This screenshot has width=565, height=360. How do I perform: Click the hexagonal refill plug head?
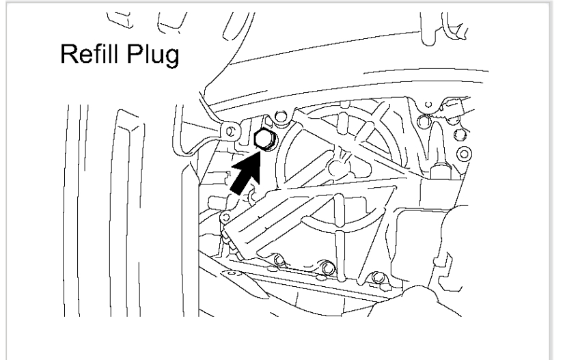coord(263,139)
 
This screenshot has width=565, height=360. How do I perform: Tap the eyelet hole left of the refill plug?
coord(231,128)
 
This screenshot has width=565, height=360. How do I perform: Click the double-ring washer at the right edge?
coord(464,151)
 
